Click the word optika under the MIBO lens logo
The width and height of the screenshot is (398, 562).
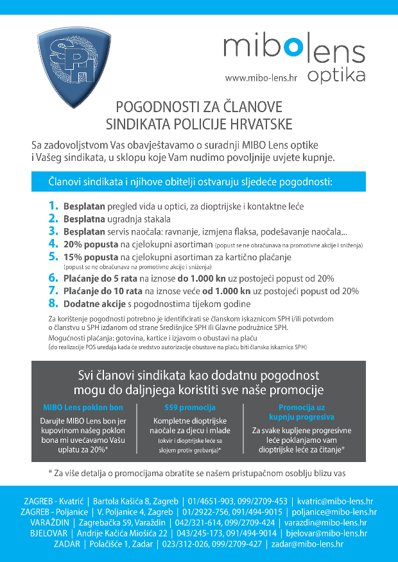tap(336, 75)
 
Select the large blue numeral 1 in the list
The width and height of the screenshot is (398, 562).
tap(53, 206)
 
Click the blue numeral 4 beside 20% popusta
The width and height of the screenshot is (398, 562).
tap(53, 244)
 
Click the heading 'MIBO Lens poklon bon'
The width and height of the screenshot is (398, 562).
tap(83, 407)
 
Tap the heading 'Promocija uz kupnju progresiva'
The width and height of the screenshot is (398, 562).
tap(302, 412)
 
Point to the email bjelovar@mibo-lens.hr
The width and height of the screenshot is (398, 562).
tap(326, 533)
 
